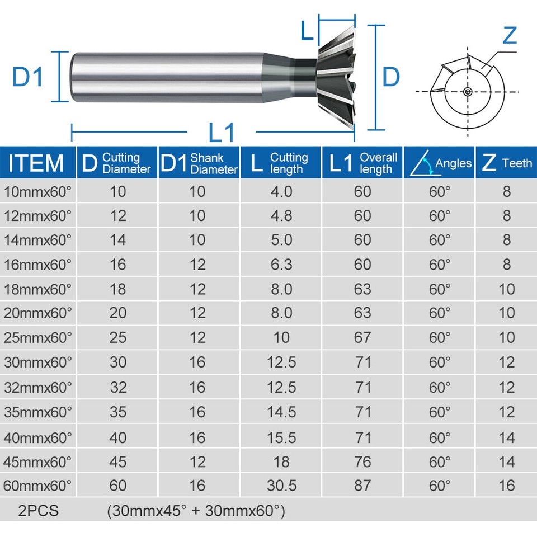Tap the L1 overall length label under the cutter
click(222, 133)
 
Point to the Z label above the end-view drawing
click(509, 35)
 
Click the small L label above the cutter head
click(306, 31)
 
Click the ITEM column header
click(36, 163)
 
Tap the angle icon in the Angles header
click(422, 163)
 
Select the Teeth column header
click(506, 163)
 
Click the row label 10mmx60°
click(37, 192)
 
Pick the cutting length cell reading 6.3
click(281, 264)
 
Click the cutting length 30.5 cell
click(281, 485)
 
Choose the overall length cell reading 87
click(362, 485)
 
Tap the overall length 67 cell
click(362, 337)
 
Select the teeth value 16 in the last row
click(506, 485)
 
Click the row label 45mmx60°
click(37, 461)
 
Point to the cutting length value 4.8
click(281, 216)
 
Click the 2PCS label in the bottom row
click(37, 511)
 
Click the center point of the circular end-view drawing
click(467, 92)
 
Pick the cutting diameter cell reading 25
click(118, 337)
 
